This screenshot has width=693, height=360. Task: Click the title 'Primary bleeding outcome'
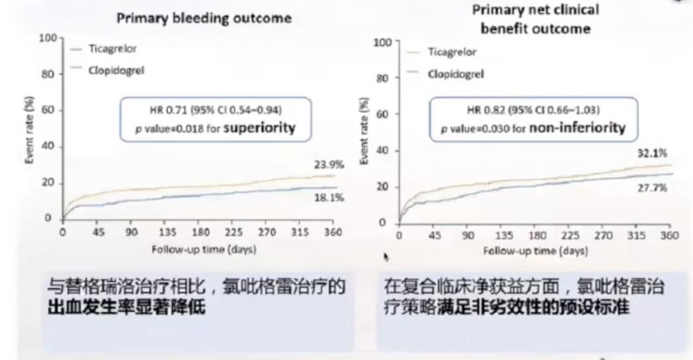204,18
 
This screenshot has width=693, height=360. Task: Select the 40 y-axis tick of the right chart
383,151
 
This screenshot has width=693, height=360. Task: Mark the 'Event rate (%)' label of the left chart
31,131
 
